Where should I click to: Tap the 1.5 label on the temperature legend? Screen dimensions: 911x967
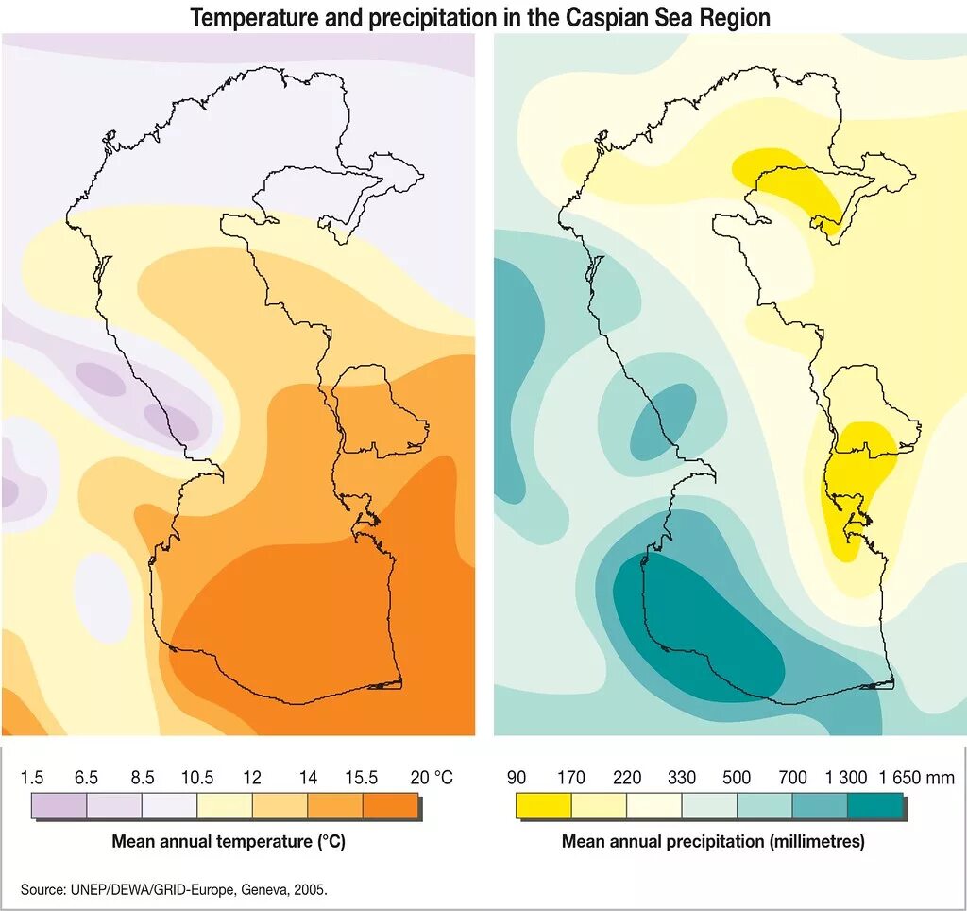(x=32, y=778)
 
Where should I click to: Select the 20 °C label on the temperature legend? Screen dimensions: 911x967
(x=432, y=778)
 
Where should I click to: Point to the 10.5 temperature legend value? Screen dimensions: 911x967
(x=197, y=778)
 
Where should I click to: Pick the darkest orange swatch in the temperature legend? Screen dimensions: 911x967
(x=390, y=805)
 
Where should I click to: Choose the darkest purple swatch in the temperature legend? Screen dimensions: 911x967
(x=59, y=805)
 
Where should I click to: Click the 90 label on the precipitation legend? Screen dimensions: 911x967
(x=517, y=778)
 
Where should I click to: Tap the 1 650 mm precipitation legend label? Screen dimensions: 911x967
(x=916, y=778)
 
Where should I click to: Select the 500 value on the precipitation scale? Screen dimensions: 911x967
(x=737, y=778)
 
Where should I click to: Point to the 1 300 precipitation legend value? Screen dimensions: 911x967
(x=845, y=778)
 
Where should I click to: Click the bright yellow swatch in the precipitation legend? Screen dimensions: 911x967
(x=543, y=805)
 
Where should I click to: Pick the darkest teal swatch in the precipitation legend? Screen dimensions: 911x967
(x=874, y=805)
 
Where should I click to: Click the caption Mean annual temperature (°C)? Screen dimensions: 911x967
(x=229, y=840)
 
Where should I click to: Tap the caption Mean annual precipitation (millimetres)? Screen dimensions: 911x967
(x=713, y=840)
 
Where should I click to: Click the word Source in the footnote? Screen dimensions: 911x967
(x=42, y=889)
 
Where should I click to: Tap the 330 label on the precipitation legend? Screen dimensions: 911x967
(x=681, y=778)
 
